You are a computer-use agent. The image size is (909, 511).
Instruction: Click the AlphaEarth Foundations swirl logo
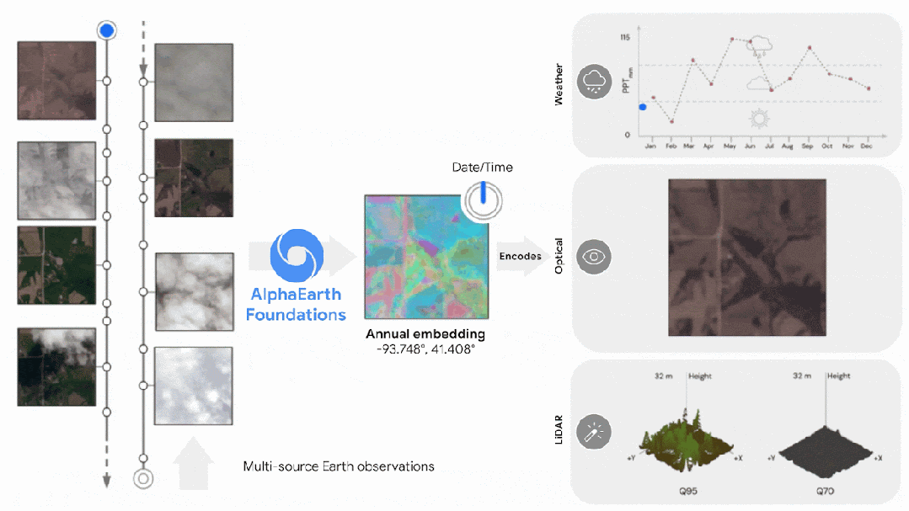click(x=297, y=255)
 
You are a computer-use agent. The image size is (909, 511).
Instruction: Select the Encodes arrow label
click(x=520, y=256)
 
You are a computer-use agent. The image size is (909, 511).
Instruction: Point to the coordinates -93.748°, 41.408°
click(x=425, y=348)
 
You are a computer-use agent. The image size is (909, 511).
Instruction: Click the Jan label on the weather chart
click(x=650, y=146)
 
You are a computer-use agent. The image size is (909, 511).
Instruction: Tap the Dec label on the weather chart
click(x=867, y=146)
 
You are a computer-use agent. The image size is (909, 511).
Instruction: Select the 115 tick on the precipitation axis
click(x=625, y=38)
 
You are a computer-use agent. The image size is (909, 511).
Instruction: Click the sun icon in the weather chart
click(x=761, y=118)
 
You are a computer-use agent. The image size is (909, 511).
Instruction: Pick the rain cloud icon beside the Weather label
click(x=595, y=82)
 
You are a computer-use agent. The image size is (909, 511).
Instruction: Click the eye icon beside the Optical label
click(x=595, y=257)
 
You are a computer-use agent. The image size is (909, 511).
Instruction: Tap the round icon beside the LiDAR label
click(x=595, y=432)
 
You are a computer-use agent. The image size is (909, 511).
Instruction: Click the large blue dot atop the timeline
click(x=106, y=31)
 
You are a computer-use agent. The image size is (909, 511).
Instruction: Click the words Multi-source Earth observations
click(x=339, y=466)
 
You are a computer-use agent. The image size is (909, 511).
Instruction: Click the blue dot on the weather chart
click(x=643, y=107)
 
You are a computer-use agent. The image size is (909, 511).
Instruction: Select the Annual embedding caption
click(x=425, y=334)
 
